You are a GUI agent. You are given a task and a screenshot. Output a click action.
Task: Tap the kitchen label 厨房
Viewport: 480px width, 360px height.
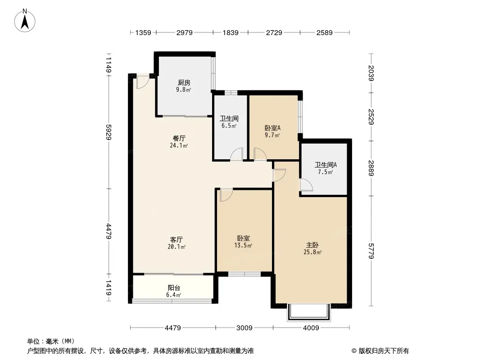click(x=184, y=83)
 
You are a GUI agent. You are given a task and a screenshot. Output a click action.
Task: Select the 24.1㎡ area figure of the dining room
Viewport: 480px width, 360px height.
click(x=179, y=146)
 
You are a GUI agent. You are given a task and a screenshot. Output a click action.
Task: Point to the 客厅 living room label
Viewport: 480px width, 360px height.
click(x=177, y=239)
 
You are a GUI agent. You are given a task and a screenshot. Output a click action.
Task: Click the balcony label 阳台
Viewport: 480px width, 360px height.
click(x=174, y=288)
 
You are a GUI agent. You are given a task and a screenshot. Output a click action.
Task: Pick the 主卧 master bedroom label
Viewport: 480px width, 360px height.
click(x=312, y=245)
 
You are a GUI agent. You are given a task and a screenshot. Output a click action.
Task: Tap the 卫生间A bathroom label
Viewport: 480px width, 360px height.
click(x=326, y=165)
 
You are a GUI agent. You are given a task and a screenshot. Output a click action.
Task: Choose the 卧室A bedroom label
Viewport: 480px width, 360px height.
click(x=272, y=128)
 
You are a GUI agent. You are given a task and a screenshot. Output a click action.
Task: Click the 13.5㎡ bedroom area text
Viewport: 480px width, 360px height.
click(x=243, y=245)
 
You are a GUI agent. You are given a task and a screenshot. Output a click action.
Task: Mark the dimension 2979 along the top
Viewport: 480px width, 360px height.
click(x=184, y=33)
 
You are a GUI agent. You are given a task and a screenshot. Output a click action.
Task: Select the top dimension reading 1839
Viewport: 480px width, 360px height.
click(x=230, y=33)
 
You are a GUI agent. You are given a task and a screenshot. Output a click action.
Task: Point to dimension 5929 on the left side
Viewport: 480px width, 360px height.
click(x=109, y=132)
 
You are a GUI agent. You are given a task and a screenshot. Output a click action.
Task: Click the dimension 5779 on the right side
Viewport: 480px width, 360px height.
click(x=371, y=251)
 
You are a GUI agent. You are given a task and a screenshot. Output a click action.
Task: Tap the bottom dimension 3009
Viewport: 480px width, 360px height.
click(x=245, y=328)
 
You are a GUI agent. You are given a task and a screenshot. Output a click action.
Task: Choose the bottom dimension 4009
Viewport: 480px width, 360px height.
click(x=311, y=328)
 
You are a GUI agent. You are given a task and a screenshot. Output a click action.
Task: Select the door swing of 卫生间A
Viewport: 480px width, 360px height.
click(x=306, y=185)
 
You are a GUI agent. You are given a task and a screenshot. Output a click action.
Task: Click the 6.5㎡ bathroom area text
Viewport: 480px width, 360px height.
click(x=229, y=126)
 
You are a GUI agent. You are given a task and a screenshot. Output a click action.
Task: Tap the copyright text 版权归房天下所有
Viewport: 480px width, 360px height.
click(x=384, y=351)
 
